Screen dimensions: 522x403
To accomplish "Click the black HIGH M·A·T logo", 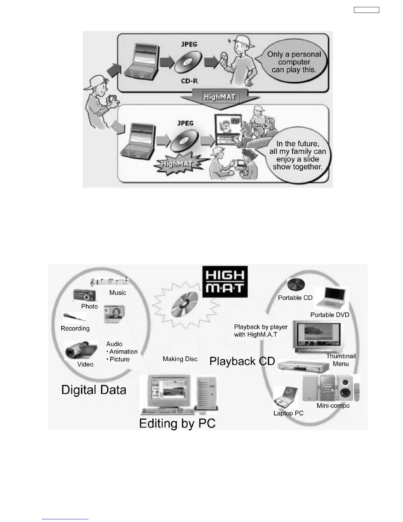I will pos(225,282).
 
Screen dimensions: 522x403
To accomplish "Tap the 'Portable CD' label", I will pos(295,298).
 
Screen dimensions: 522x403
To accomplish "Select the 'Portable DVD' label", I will pos(330,315).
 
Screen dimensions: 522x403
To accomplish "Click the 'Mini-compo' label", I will pos(333,406).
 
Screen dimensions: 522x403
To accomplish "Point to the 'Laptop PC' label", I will pos(288,413).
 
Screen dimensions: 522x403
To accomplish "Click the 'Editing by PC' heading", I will pos(177,423).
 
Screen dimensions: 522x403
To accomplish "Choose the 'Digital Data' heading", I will pos(94,390).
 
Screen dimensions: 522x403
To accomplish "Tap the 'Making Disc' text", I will pos(180,359).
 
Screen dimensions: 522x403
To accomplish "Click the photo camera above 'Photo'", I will pos(85,295).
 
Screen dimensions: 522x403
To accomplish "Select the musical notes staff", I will pos(109,282).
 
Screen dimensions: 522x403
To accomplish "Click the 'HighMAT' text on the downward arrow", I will pos(220,97).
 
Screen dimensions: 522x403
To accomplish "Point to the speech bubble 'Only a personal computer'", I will pos(294,62).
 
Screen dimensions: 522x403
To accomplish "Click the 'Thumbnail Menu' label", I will pos(341,360).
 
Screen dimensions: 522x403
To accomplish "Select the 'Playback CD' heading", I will pos(242,361).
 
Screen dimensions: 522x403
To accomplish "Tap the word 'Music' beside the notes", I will pos(118,293).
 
